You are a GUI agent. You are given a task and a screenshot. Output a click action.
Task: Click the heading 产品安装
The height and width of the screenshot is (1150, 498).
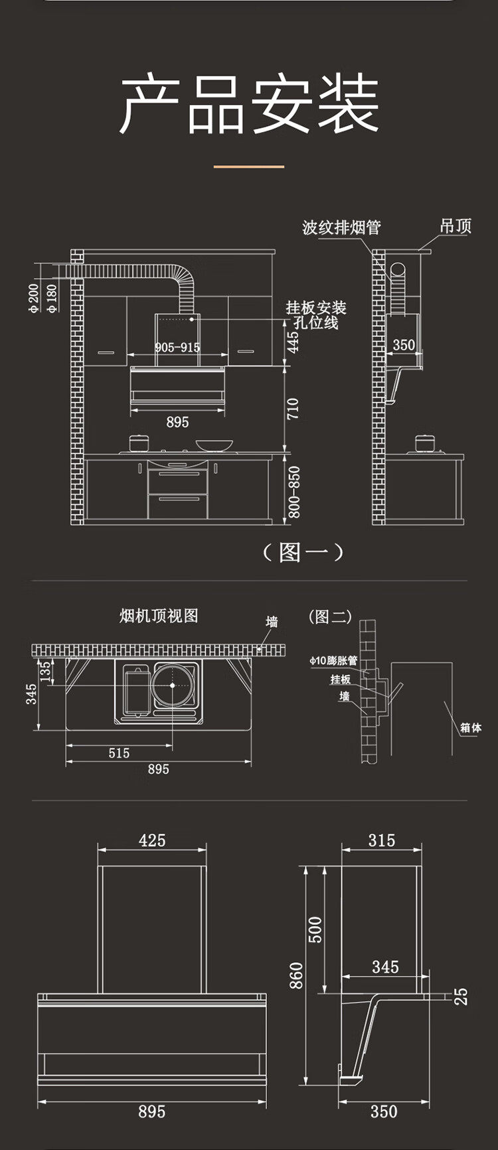249,104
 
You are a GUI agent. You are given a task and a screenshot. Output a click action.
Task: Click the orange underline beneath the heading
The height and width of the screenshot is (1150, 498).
249,167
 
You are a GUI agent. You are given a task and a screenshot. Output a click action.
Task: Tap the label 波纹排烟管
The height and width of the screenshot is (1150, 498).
341,228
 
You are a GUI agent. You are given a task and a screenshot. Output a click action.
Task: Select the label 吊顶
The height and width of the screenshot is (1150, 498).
456,226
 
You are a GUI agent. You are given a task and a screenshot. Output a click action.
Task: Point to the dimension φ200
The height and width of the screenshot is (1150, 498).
35,298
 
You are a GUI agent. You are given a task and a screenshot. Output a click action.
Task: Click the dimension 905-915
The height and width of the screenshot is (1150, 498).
177,347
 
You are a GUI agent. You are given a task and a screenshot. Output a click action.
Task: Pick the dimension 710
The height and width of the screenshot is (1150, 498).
293,409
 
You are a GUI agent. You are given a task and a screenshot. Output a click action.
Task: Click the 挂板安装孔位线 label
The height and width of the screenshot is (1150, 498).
316,315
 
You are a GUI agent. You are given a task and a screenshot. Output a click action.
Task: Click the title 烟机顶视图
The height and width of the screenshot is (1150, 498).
159,616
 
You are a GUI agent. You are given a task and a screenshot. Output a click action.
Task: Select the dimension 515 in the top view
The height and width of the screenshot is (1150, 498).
119,753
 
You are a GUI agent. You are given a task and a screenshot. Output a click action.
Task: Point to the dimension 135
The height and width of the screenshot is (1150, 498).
46,670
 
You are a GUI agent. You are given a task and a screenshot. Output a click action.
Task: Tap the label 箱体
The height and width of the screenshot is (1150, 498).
471,728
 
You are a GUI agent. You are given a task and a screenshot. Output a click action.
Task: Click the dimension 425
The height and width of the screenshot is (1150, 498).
152,840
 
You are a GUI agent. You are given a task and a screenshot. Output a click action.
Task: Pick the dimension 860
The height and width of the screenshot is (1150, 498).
296,975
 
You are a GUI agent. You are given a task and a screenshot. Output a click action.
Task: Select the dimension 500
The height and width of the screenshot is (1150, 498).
315,929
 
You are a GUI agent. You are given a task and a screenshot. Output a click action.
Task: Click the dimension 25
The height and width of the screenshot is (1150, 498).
461,995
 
